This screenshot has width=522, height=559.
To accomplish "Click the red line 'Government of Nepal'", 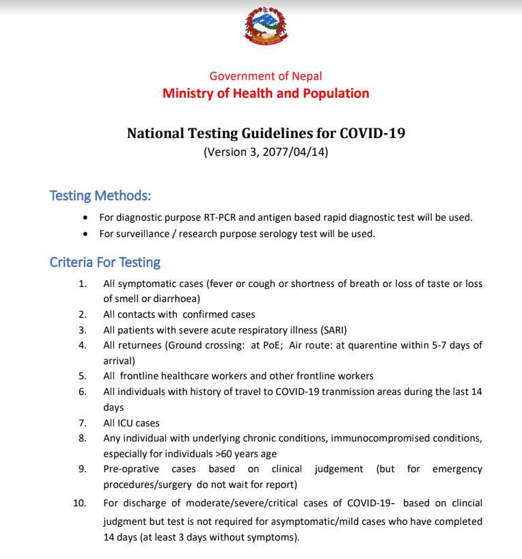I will (265, 76).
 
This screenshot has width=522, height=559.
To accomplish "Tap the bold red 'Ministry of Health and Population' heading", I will (266, 93).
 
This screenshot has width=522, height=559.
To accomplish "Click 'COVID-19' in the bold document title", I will (374, 133).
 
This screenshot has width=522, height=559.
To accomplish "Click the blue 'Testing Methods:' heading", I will (100, 195).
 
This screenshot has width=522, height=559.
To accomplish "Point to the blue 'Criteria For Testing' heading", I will (105, 262).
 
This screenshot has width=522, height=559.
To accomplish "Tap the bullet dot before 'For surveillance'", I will (85, 234).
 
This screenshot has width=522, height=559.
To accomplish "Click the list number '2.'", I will (82, 314).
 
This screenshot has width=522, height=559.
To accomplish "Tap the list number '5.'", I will (82, 376).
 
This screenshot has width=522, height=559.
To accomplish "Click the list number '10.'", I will (79, 503).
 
